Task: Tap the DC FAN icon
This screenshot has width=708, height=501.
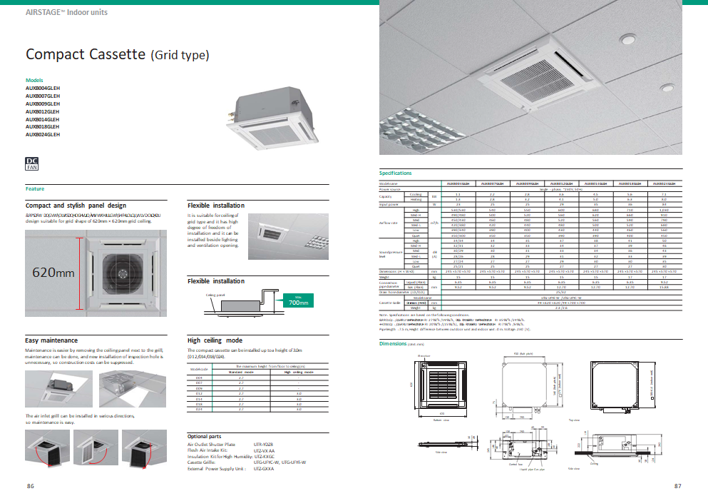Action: [x=31, y=164]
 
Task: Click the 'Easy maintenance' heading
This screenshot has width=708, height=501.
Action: [x=51, y=340]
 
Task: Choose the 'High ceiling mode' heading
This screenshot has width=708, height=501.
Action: [x=215, y=340]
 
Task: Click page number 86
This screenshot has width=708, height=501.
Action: [x=31, y=486]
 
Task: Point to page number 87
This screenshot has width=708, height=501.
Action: [x=677, y=486]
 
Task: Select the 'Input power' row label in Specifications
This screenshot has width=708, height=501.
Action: [x=389, y=204]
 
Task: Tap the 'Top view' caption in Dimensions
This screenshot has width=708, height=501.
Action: [x=573, y=420]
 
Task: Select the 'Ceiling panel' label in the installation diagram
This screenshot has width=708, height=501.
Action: [x=215, y=294]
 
